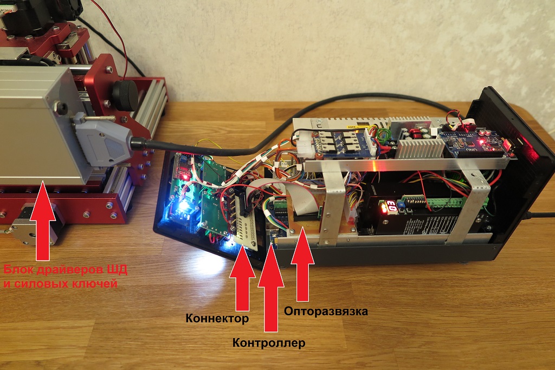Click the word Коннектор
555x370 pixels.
tap(217, 318)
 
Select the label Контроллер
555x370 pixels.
tap(268, 343)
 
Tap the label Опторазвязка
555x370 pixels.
tap(326, 311)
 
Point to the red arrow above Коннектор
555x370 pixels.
tap(242, 274)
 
